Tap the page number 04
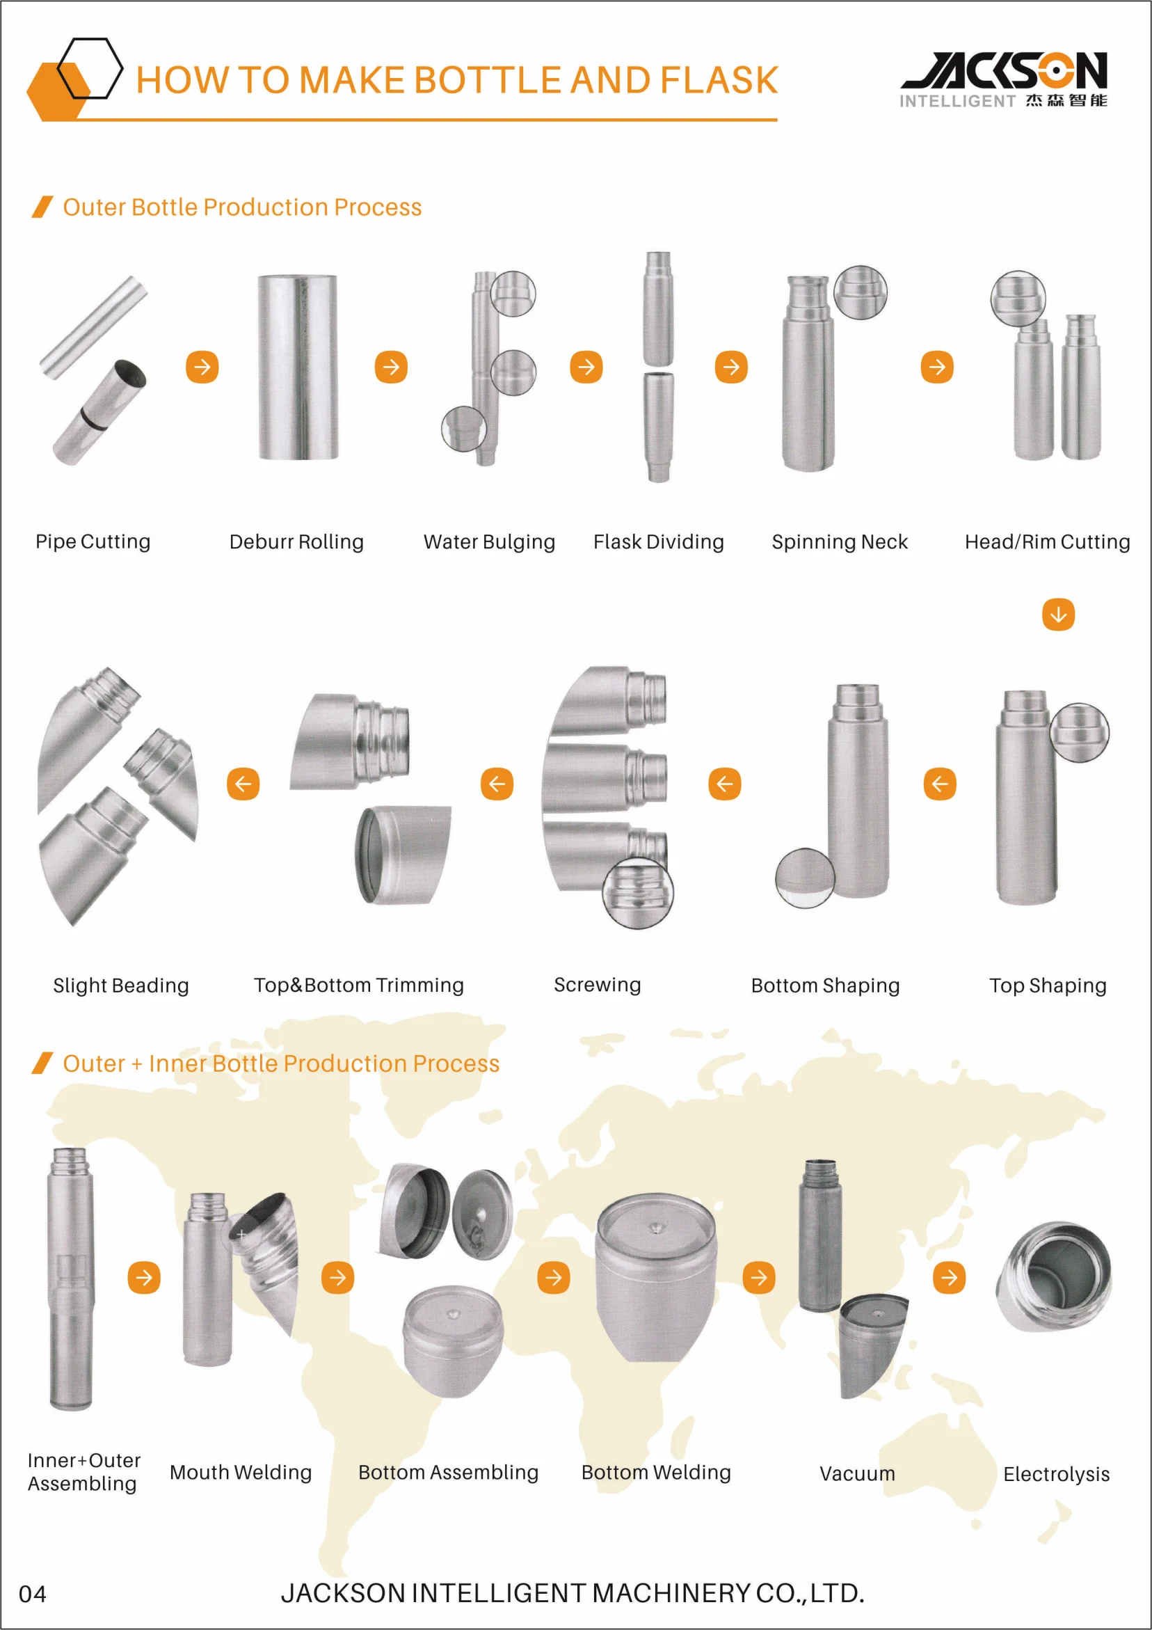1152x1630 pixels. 33,1594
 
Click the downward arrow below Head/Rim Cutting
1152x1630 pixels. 1057,615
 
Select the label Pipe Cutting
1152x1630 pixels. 93,541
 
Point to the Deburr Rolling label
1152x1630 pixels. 296,542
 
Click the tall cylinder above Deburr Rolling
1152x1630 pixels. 298,367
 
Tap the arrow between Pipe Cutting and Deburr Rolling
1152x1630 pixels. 202,367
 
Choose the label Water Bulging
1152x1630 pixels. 489,542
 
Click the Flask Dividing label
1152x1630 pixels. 658,542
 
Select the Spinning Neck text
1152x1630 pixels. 839,542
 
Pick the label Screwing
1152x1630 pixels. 597,985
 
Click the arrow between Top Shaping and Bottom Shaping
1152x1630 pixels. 940,784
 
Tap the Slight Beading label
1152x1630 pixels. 120,986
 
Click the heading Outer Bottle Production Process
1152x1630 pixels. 242,207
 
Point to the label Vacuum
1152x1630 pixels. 857,1474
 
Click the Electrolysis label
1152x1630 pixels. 1055,1475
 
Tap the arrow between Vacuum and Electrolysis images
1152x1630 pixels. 949,1278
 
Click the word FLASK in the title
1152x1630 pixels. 719,80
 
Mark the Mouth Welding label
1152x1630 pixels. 241,1473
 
